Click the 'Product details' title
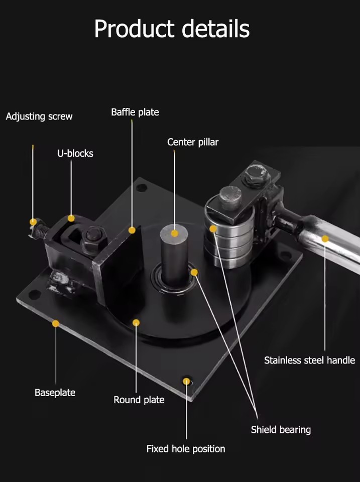172,29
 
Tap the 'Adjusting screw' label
39,116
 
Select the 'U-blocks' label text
75,153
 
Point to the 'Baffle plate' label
135,112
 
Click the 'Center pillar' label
193,142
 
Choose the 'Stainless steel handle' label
310,360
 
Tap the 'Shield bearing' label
281,430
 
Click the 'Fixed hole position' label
186,449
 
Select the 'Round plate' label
139,400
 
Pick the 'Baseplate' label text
55,393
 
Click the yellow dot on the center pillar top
175,233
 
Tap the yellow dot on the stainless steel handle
325,239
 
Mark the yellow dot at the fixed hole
186,382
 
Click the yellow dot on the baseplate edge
56,323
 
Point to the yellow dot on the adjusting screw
33,222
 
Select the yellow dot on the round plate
136,322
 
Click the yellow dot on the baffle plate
132,230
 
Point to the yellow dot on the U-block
71,218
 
